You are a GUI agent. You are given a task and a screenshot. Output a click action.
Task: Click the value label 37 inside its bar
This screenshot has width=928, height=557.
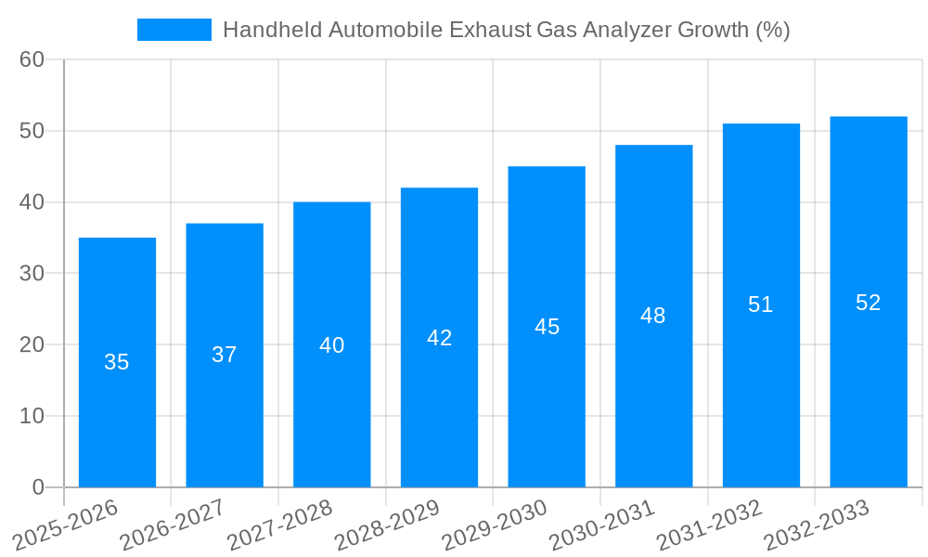pos(225,355)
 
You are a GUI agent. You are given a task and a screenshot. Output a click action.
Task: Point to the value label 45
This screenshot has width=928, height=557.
pos(547,327)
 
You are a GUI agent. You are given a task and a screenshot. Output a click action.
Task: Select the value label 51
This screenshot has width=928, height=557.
pos(761,304)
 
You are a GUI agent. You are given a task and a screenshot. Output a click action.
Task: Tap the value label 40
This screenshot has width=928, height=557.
pos(332,345)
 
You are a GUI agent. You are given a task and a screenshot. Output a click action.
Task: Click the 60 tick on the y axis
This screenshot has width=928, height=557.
pos(32,59)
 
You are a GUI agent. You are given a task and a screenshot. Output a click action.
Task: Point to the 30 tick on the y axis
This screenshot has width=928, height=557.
pos(32,273)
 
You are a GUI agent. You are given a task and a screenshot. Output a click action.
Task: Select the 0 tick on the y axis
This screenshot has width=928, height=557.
pos(38,486)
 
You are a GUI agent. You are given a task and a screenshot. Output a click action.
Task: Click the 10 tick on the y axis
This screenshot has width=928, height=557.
pos(32,416)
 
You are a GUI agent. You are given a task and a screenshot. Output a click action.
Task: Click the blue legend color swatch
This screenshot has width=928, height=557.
pos(174,30)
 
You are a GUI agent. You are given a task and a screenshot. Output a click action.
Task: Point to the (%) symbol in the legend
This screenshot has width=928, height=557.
pos(772,30)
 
